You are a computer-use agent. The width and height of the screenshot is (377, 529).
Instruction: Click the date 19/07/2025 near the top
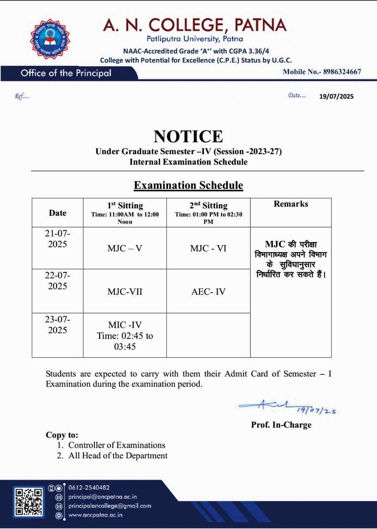pos(336,97)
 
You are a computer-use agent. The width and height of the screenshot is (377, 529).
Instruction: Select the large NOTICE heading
pos(188,136)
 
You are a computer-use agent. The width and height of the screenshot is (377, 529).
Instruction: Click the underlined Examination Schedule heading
pos(188,185)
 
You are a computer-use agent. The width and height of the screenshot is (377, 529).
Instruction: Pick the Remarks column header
pos(291,204)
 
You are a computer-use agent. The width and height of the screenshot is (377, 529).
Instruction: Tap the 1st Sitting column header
pos(125,206)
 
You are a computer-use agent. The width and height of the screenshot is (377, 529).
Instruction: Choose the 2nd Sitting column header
pos(209,206)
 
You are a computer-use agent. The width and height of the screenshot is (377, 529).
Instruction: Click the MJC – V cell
pos(125,248)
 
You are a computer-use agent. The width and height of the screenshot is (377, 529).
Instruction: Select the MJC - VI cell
pos(209,248)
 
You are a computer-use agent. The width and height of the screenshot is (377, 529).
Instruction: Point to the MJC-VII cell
pos(125,292)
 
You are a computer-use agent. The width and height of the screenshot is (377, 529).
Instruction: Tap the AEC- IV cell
pos(209,292)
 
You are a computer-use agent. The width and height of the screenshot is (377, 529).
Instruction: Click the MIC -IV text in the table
pos(125,325)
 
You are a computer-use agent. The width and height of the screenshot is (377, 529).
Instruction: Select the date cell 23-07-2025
pos(57,325)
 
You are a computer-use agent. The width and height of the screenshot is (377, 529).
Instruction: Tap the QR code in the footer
pos(28,501)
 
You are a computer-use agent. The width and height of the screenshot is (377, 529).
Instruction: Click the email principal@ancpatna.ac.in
pos(102,497)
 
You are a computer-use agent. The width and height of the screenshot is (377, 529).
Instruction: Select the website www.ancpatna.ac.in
pos(95,515)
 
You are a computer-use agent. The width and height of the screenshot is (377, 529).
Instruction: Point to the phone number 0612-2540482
pos(89,488)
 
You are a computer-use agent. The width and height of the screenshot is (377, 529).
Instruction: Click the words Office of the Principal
pos(66,73)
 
